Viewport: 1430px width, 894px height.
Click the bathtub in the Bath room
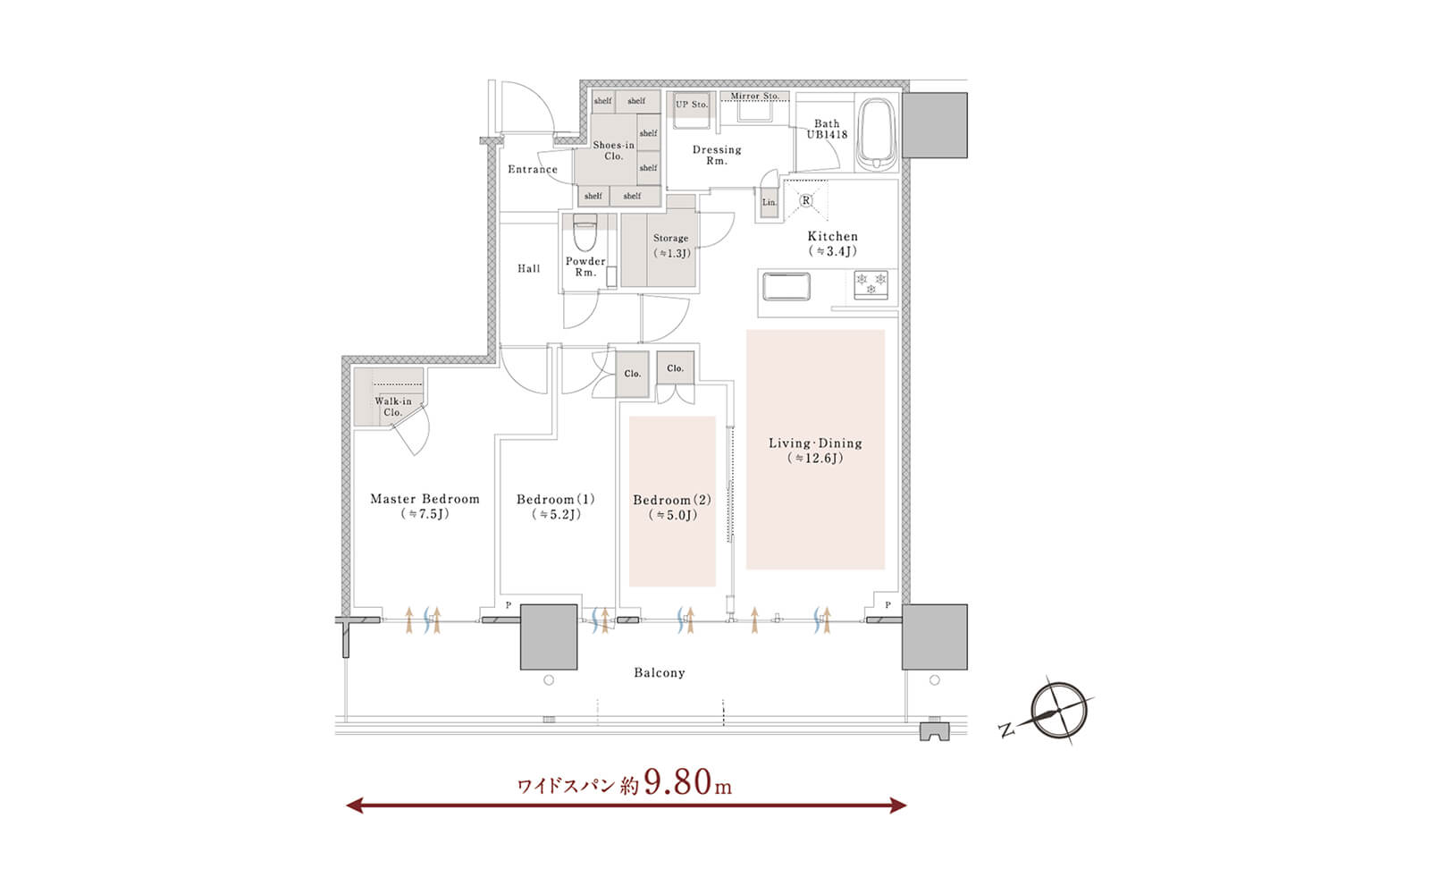pyautogui.click(x=877, y=133)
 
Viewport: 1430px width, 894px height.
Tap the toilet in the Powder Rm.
pyautogui.click(x=585, y=233)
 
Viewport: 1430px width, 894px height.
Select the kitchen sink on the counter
pyautogui.click(x=786, y=286)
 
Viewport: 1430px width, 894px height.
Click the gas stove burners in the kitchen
pyautogui.click(x=871, y=285)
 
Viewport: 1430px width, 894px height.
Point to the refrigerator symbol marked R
pyautogui.click(x=805, y=200)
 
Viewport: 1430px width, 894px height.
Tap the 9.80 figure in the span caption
pyautogui.click(x=678, y=782)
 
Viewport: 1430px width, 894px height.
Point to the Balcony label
pyautogui.click(x=660, y=672)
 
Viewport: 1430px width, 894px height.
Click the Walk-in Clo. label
pyautogui.click(x=393, y=407)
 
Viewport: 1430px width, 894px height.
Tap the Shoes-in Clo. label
pyautogui.click(x=613, y=150)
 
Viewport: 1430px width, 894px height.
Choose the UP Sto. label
pyautogui.click(x=692, y=104)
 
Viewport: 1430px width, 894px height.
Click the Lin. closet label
pyautogui.click(x=770, y=202)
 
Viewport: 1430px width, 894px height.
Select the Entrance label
pyautogui.click(x=533, y=169)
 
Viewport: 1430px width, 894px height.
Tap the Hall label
pyautogui.click(x=528, y=269)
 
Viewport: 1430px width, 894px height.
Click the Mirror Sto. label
pyautogui.click(x=755, y=97)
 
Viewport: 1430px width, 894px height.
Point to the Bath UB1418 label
pyautogui.click(x=827, y=129)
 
